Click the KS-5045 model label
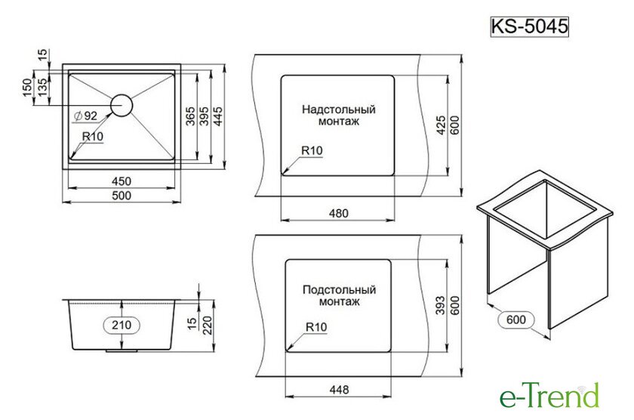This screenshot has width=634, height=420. (x=529, y=26)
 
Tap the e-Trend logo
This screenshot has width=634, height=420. (x=549, y=395)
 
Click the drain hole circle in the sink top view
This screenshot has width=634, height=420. (x=122, y=105)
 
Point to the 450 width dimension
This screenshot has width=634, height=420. (x=122, y=181)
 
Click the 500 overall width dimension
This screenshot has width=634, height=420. (x=122, y=196)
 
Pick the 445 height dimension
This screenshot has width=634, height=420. (x=217, y=116)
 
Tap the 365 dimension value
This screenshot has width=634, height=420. (x=190, y=116)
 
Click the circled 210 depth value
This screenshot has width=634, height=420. (x=122, y=325)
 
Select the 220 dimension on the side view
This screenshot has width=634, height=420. (x=207, y=326)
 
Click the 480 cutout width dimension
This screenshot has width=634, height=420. (x=338, y=213)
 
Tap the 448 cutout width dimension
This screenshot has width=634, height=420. (x=339, y=390)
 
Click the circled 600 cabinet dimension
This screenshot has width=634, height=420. (x=516, y=320)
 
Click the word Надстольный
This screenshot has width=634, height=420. (x=339, y=110)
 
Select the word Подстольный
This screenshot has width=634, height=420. (x=339, y=290)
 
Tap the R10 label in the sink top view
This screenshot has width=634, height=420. (x=93, y=137)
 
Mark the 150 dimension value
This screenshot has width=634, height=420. (x=27, y=88)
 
